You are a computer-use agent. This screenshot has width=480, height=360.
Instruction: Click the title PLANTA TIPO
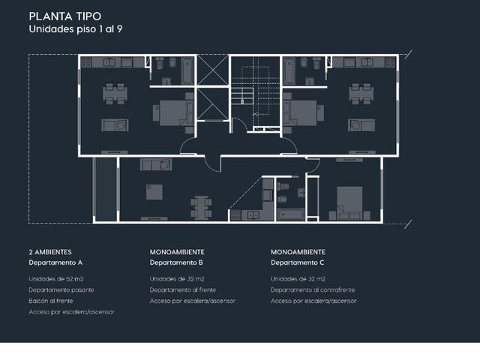point(65,16)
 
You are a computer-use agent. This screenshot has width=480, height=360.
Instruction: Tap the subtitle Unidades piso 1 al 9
point(76,29)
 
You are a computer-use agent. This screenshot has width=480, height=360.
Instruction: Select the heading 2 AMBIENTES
point(50,252)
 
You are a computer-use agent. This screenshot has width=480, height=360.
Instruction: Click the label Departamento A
point(55,262)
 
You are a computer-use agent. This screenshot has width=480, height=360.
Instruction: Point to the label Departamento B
point(176,262)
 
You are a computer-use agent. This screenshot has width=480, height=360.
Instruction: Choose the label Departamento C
point(297,262)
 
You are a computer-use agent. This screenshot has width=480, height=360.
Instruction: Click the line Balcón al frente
point(51,301)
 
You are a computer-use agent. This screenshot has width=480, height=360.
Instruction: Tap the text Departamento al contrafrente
point(313,290)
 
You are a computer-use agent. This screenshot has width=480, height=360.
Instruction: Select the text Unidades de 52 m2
point(56,279)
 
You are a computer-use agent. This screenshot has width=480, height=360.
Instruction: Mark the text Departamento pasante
point(61,290)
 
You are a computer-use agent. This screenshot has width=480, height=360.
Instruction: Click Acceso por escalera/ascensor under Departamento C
point(313,301)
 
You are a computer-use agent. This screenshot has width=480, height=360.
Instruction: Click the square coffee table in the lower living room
point(154,192)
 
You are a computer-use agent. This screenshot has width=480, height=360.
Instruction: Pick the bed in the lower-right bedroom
point(349,203)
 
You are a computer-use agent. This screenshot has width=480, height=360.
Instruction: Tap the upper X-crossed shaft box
point(213,70)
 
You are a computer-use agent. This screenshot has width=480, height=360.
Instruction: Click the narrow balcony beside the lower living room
point(105,189)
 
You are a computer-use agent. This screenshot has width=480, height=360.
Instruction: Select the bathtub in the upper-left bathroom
point(187,70)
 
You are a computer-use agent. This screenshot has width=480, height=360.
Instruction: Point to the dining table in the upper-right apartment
point(361,94)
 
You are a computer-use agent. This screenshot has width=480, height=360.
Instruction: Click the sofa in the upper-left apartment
point(115,125)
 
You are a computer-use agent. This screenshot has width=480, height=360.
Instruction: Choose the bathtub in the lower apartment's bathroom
point(290,214)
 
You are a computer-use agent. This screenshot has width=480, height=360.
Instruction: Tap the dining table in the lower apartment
point(201,208)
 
